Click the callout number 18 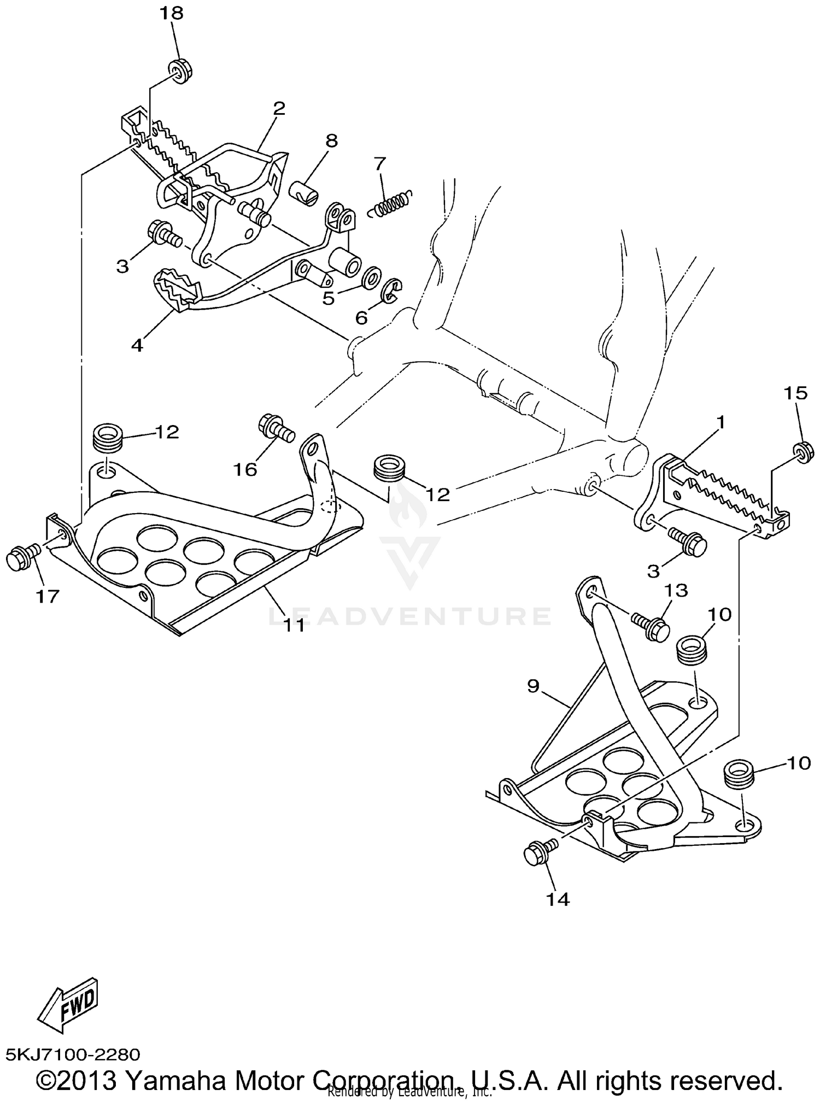tap(171, 13)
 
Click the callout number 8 tap(332, 140)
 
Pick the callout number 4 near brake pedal tap(137, 345)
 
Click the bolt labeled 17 tap(21, 558)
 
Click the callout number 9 tap(534, 686)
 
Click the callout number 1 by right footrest tap(721, 422)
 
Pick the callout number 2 tap(279, 107)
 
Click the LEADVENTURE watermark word tap(410, 616)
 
